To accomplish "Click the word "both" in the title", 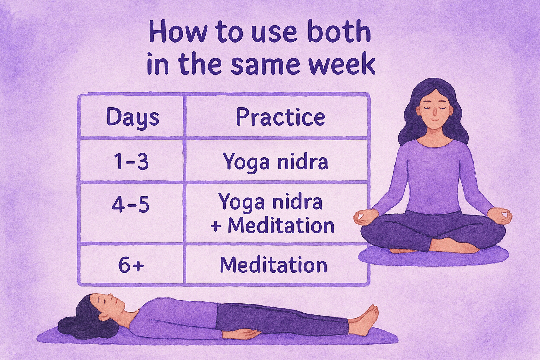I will tap(339, 32).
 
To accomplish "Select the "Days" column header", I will tap(133, 117).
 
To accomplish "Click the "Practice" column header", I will tap(280, 117).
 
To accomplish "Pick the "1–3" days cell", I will tap(131, 162).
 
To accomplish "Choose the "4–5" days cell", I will tap(130, 204).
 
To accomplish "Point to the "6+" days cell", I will tap(131, 265).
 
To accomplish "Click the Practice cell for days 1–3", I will tap(275, 162).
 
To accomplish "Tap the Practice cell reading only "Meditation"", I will tap(274, 265).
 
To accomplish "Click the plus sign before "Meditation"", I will tap(216, 226).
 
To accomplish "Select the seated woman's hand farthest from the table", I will tap(501, 215).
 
